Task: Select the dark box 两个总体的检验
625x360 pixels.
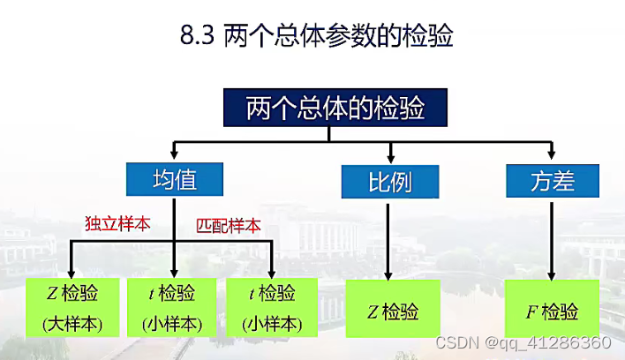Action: click(x=328, y=108)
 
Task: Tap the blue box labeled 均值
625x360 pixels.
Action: click(x=174, y=180)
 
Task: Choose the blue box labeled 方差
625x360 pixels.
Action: click(x=553, y=181)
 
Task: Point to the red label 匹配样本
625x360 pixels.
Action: click(x=229, y=225)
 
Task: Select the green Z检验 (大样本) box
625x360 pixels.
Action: click(x=72, y=308)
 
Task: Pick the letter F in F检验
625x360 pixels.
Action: click(x=532, y=311)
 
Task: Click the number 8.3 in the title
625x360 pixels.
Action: click(x=196, y=36)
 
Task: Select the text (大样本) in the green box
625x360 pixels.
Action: click(x=72, y=324)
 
